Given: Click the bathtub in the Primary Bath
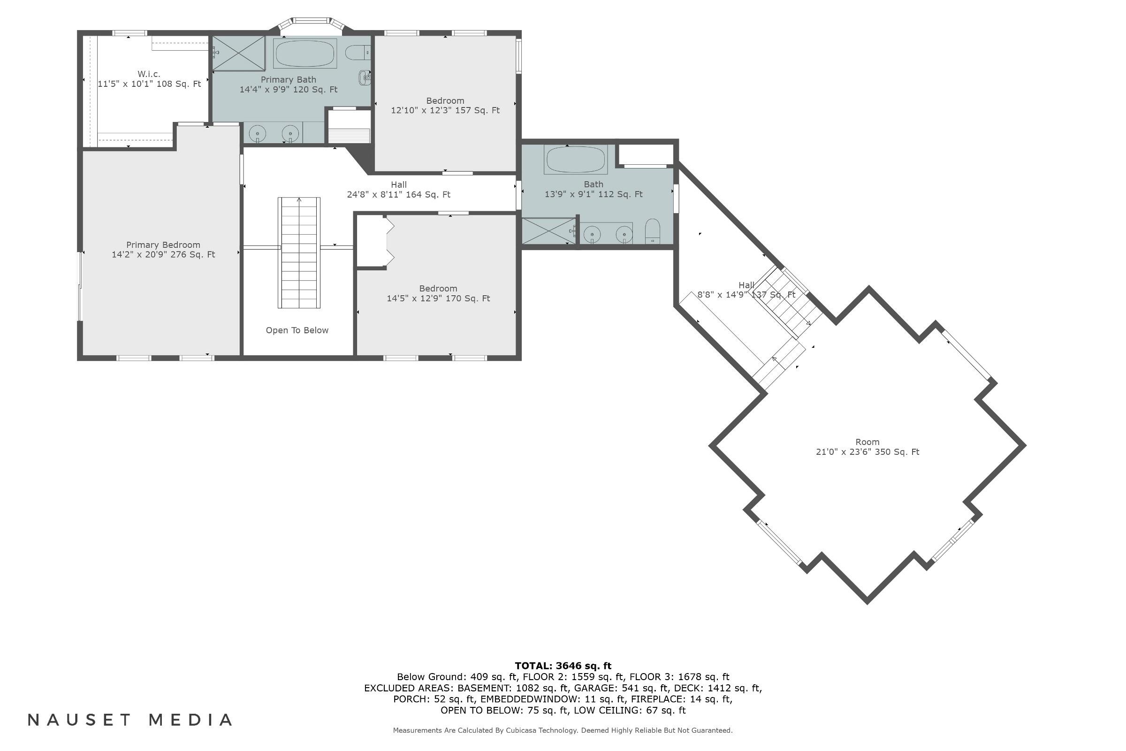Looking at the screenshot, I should pyautogui.click(x=304, y=54).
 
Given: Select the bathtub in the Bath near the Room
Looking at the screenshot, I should pyautogui.click(x=576, y=160).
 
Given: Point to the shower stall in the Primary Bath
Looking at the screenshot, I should pyautogui.click(x=238, y=53).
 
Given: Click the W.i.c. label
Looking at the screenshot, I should pyautogui.click(x=149, y=74).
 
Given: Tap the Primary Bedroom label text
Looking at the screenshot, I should pyautogui.click(x=163, y=245).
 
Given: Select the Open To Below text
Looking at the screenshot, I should pyautogui.click(x=297, y=330).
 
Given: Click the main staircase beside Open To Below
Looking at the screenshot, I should pyautogui.click(x=299, y=253).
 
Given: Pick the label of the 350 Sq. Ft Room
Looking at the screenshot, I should pyautogui.click(x=867, y=442).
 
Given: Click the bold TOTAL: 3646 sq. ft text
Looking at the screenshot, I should pyautogui.click(x=563, y=666).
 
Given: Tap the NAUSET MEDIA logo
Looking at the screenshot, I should pyautogui.click(x=130, y=720).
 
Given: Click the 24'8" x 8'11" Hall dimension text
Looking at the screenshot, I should pyautogui.click(x=398, y=194).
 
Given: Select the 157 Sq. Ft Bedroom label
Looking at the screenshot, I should pyautogui.click(x=445, y=105).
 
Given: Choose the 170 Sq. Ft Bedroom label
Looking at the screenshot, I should pyautogui.click(x=438, y=293).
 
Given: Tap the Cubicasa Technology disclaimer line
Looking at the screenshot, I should pyautogui.click(x=563, y=730).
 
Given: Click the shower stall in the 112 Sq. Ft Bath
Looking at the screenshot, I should pyautogui.click(x=548, y=231).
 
